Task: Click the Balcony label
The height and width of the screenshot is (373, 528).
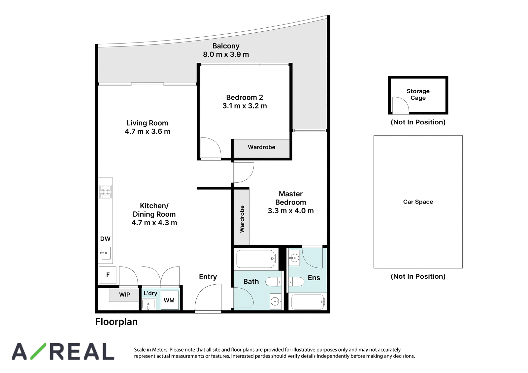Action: pos(226,46)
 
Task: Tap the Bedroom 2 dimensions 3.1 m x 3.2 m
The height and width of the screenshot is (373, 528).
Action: pos(245,106)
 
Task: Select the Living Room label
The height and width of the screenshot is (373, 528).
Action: pos(147,123)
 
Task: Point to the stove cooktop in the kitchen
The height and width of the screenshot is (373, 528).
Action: pos(105,192)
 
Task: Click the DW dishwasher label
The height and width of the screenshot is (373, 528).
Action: pos(105,239)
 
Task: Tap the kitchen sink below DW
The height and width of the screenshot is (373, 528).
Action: pos(106,253)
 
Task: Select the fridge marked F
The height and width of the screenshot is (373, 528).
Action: pos(108,275)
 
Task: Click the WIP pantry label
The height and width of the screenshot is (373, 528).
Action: pos(124,295)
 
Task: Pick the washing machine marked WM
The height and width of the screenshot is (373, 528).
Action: pos(170,300)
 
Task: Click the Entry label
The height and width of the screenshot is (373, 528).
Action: pos(208,277)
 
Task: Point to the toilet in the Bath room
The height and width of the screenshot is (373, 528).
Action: pos(273,281)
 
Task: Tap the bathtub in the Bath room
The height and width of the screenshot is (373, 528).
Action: pos(256,259)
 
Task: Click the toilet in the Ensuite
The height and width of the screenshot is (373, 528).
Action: pos(297,281)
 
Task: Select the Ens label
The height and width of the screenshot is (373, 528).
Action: pos(314,278)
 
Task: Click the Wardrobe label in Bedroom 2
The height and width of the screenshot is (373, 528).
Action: pos(261,147)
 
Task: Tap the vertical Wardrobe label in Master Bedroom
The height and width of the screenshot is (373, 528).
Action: pos(242,219)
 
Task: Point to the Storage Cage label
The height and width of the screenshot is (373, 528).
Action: pos(418,95)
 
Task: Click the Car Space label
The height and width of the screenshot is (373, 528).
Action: pos(418,202)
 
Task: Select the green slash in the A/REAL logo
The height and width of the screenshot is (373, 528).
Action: pos(38,351)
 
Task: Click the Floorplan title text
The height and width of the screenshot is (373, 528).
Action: pos(116,322)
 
